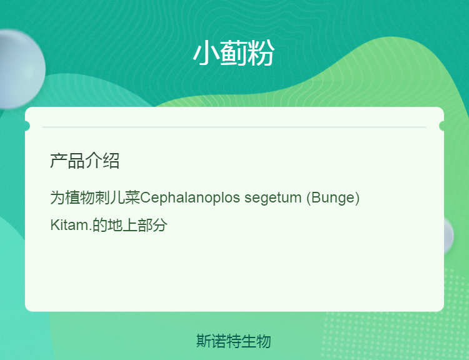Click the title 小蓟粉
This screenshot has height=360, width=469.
click(x=233, y=53)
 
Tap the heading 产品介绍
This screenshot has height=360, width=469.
click(x=84, y=161)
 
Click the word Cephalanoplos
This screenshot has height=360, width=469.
click(x=190, y=197)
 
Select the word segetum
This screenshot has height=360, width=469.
click(x=273, y=198)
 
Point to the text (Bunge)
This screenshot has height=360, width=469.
click(x=333, y=197)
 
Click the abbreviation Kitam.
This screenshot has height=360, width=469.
click(x=71, y=224)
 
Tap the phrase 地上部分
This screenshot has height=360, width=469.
click(x=138, y=225)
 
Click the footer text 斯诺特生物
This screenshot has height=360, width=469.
click(x=234, y=341)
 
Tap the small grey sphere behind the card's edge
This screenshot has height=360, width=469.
click(x=448, y=236)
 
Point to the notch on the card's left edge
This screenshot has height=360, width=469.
click(x=28, y=126)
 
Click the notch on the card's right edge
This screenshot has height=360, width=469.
click(x=441, y=126)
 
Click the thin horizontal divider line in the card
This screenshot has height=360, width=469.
click(x=234, y=127)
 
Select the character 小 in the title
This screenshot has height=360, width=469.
click(x=206, y=53)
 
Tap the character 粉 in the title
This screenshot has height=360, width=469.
click(x=261, y=53)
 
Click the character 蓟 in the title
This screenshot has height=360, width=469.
click(x=234, y=53)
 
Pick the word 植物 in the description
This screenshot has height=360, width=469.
click(x=80, y=197)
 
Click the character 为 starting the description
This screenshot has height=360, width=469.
click(x=58, y=197)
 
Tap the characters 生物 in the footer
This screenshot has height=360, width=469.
click(x=256, y=341)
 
